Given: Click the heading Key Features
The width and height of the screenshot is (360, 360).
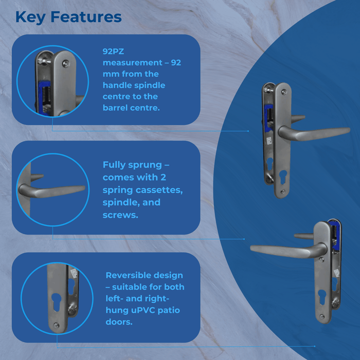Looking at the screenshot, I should coord(68,17).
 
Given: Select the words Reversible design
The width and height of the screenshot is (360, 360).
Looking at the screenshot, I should coord(145,276).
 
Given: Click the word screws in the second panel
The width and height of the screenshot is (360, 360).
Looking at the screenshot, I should coord(120,215).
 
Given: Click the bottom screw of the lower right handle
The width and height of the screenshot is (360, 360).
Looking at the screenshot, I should coord(322,316).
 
